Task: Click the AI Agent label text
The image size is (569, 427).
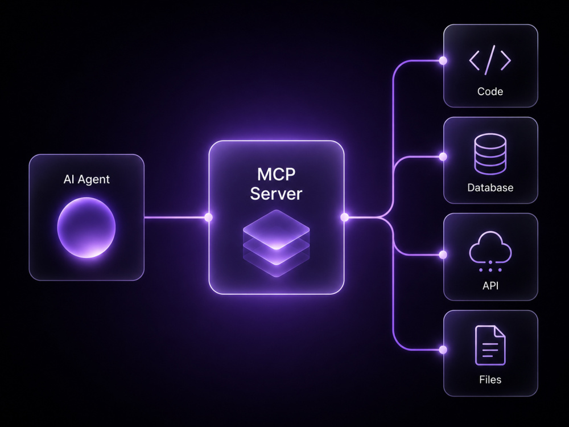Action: [x=86, y=179]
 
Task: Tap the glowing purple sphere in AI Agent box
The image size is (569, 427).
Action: [x=86, y=228]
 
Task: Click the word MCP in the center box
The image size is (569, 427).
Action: [x=276, y=175]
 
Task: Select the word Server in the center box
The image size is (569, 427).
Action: [x=276, y=194]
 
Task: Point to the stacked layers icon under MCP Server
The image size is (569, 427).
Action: [x=276, y=243]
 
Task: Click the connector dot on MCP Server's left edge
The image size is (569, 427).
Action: [x=208, y=217]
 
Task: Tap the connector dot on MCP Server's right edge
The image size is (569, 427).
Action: [x=344, y=217]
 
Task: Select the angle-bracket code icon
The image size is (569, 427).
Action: [x=490, y=60]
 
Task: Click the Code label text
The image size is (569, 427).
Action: [x=490, y=92]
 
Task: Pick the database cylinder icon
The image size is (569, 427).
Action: [x=490, y=154]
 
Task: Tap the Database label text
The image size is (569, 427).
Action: [x=490, y=188]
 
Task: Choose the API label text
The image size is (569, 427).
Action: [x=490, y=286]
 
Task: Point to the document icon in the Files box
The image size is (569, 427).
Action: [x=490, y=346]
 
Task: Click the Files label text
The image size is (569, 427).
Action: [x=490, y=380]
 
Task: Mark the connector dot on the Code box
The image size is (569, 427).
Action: [x=443, y=61]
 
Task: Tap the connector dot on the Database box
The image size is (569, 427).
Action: [x=443, y=157]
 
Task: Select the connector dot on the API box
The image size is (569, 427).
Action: [x=443, y=255]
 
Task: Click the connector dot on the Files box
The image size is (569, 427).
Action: [x=443, y=350]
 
